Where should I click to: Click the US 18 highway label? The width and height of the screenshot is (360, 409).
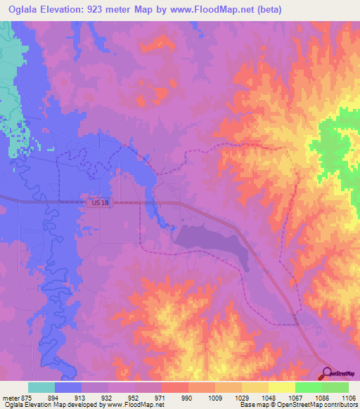coord(100,202)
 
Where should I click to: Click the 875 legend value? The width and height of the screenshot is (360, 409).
coord(27,398)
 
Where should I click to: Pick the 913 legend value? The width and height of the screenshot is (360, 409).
coord(82,398)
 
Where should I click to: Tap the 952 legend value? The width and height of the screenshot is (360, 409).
coord(135,398)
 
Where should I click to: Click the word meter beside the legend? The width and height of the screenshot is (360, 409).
coord(11,398)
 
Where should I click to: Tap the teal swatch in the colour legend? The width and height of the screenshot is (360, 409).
coord(41,387)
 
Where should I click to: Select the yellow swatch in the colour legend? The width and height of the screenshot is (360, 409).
coord(282,387)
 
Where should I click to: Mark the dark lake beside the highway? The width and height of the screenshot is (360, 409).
coord(211,245)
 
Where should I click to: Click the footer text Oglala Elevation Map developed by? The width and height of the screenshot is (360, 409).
coord(53,405)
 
